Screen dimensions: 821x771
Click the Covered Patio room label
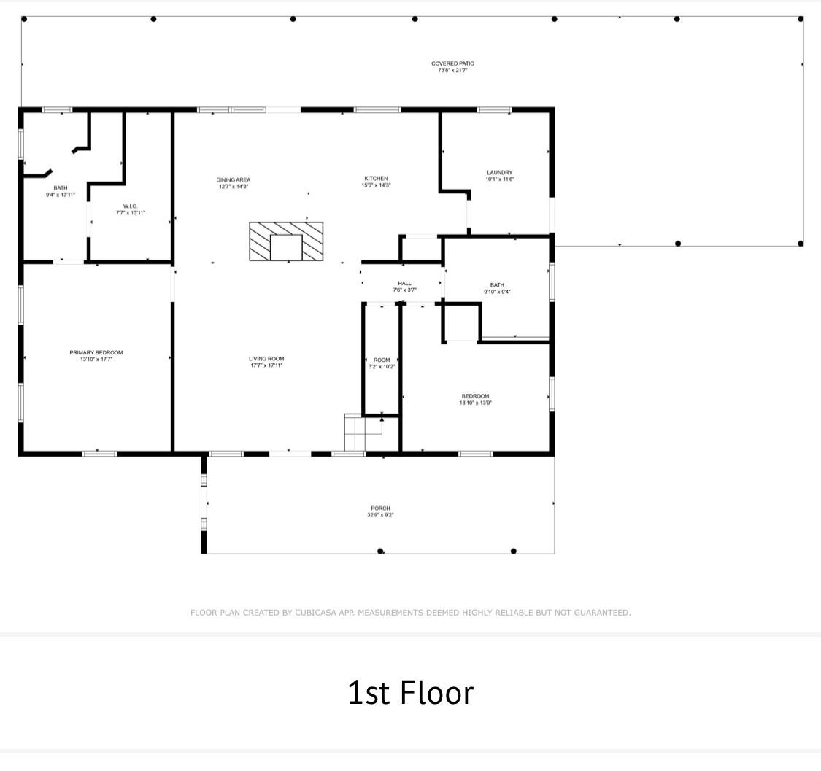coord(452,63)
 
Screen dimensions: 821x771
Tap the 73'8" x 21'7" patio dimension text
coord(452,70)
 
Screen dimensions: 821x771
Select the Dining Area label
coord(233,179)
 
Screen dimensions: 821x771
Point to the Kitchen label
coord(376,179)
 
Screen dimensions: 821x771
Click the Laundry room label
coord(499,172)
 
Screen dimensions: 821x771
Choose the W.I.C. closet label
coord(131,206)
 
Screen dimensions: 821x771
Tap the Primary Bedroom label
coord(96,353)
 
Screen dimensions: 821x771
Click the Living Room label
coord(266,359)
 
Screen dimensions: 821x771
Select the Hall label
coord(404,283)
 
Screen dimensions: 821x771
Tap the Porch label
coord(381,508)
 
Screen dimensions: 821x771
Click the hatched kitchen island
coord(286,241)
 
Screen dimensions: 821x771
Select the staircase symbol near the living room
coord(363,433)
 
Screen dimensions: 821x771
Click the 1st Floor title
coord(410,692)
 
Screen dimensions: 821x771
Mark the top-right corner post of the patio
coord(800,19)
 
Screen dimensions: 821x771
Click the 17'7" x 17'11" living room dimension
coord(266,366)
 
